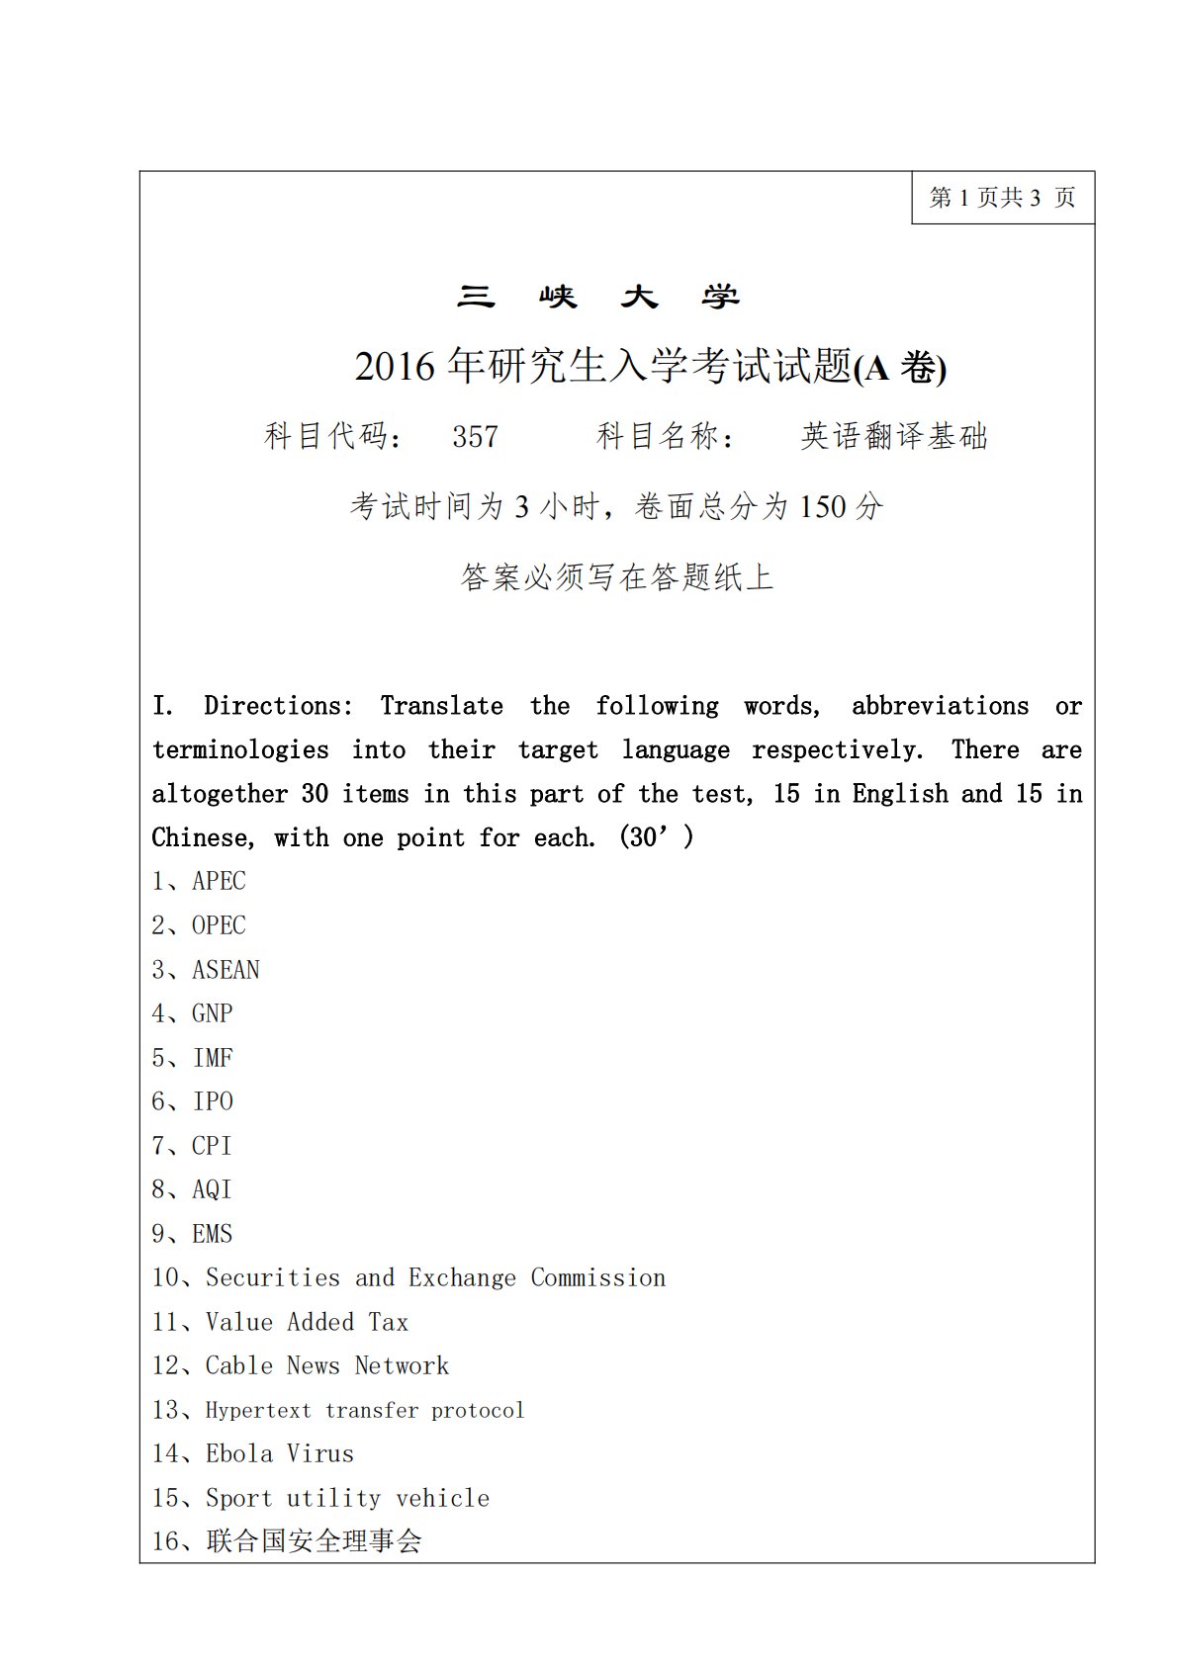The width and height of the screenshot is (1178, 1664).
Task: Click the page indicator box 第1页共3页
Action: pyautogui.click(x=1002, y=198)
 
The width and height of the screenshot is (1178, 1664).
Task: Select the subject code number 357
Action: pyautogui.click(x=475, y=436)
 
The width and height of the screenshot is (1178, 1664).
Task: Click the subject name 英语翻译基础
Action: pyautogui.click(x=894, y=436)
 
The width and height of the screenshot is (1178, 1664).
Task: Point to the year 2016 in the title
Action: pyautogui.click(x=395, y=367)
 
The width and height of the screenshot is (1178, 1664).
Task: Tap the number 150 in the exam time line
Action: pyautogui.click(x=823, y=507)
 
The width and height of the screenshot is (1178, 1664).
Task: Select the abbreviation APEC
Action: pyautogui.click(x=219, y=881)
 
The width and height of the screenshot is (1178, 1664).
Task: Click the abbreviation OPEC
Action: pyautogui.click(x=219, y=925)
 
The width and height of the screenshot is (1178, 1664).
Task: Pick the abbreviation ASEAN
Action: pyautogui.click(x=226, y=970)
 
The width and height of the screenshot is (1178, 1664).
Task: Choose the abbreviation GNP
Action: pyautogui.click(x=212, y=1013)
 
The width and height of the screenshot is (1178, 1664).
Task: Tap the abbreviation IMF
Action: pyautogui.click(x=212, y=1058)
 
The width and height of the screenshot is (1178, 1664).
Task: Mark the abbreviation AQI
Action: pyautogui.click(x=212, y=1189)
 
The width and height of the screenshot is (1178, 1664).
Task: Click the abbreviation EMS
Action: pyautogui.click(x=212, y=1234)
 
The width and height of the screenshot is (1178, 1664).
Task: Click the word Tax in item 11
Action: pyautogui.click(x=388, y=1322)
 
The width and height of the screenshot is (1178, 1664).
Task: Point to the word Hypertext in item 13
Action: pyautogui.click(x=258, y=1410)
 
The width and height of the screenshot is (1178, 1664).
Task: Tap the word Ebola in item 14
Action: pyautogui.click(x=238, y=1453)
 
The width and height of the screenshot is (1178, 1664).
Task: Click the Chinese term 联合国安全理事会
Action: pyautogui.click(x=314, y=1540)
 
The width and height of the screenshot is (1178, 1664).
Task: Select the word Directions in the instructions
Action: pyautogui.click(x=278, y=706)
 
